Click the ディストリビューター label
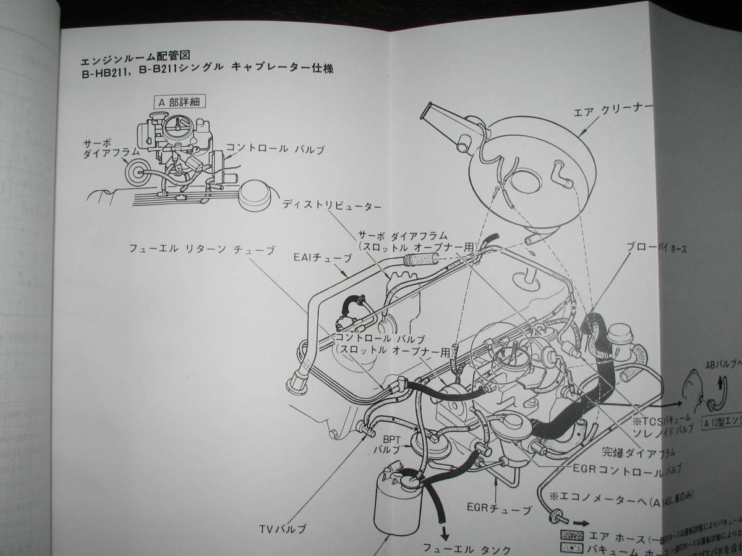click(x=333, y=204)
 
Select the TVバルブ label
click(x=283, y=529)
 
